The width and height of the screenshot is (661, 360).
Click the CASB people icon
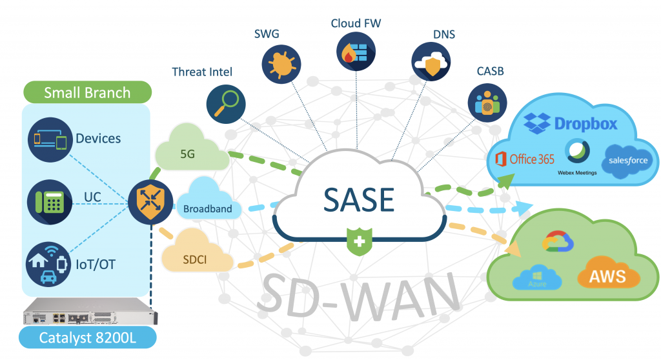pos(487,103)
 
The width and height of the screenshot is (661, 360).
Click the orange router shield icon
pos(150,201)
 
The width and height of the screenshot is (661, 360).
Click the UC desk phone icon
pos(49,202)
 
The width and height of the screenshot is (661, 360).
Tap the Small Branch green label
pos(87,92)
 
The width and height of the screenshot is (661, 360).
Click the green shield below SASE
pos(358,242)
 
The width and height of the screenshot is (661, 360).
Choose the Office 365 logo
pos(524,159)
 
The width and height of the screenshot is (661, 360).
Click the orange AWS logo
pos(607,275)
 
